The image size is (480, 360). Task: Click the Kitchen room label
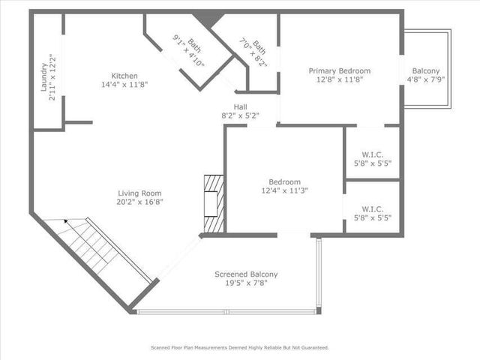click(x=124, y=76)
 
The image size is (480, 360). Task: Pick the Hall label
click(x=240, y=107)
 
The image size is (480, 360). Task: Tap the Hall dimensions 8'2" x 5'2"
click(x=240, y=116)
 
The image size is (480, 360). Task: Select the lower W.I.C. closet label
click(x=371, y=209)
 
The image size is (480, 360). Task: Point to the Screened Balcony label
click(x=246, y=274)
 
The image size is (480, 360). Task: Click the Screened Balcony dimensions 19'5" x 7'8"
click(x=246, y=284)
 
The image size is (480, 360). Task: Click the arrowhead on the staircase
click(x=66, y=222)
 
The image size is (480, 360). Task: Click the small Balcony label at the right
click(x=426, y=70)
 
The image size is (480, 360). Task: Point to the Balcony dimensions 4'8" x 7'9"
click(x=426, y=79)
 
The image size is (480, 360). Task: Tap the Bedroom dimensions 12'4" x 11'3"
click(x=285, y=190)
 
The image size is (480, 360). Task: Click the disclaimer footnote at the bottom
click(x=240, y=348)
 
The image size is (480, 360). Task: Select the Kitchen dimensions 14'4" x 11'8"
click(x=124, y=85)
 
